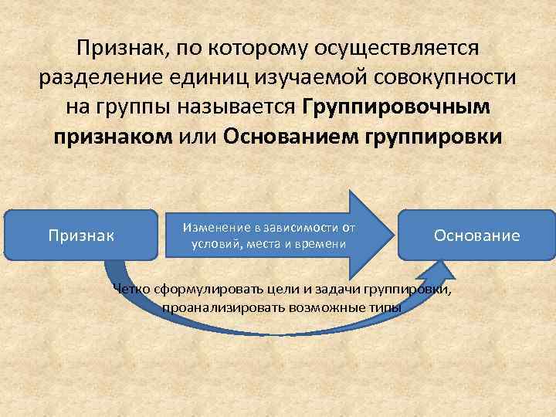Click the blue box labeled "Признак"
(80, 234)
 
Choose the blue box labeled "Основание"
(476, 235)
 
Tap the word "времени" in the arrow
(324, 244)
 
